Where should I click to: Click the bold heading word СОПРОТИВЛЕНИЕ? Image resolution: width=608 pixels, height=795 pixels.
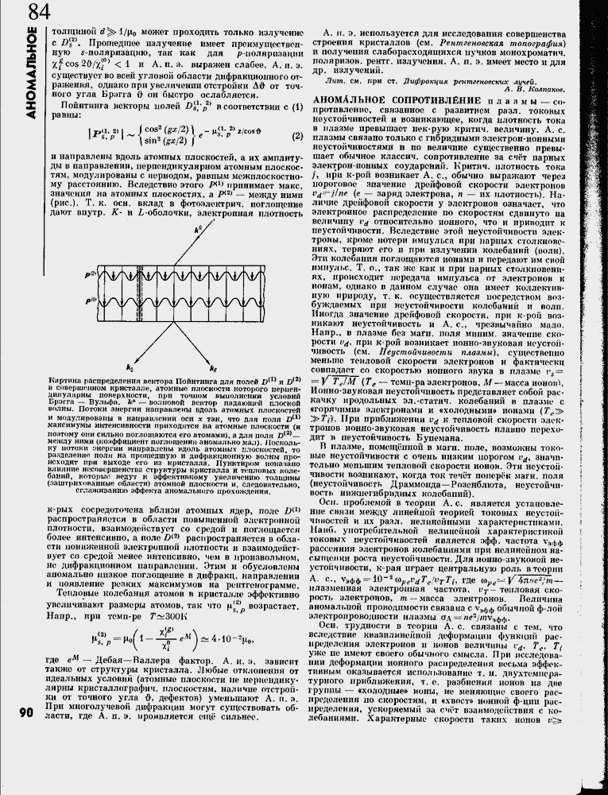(433, 99)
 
